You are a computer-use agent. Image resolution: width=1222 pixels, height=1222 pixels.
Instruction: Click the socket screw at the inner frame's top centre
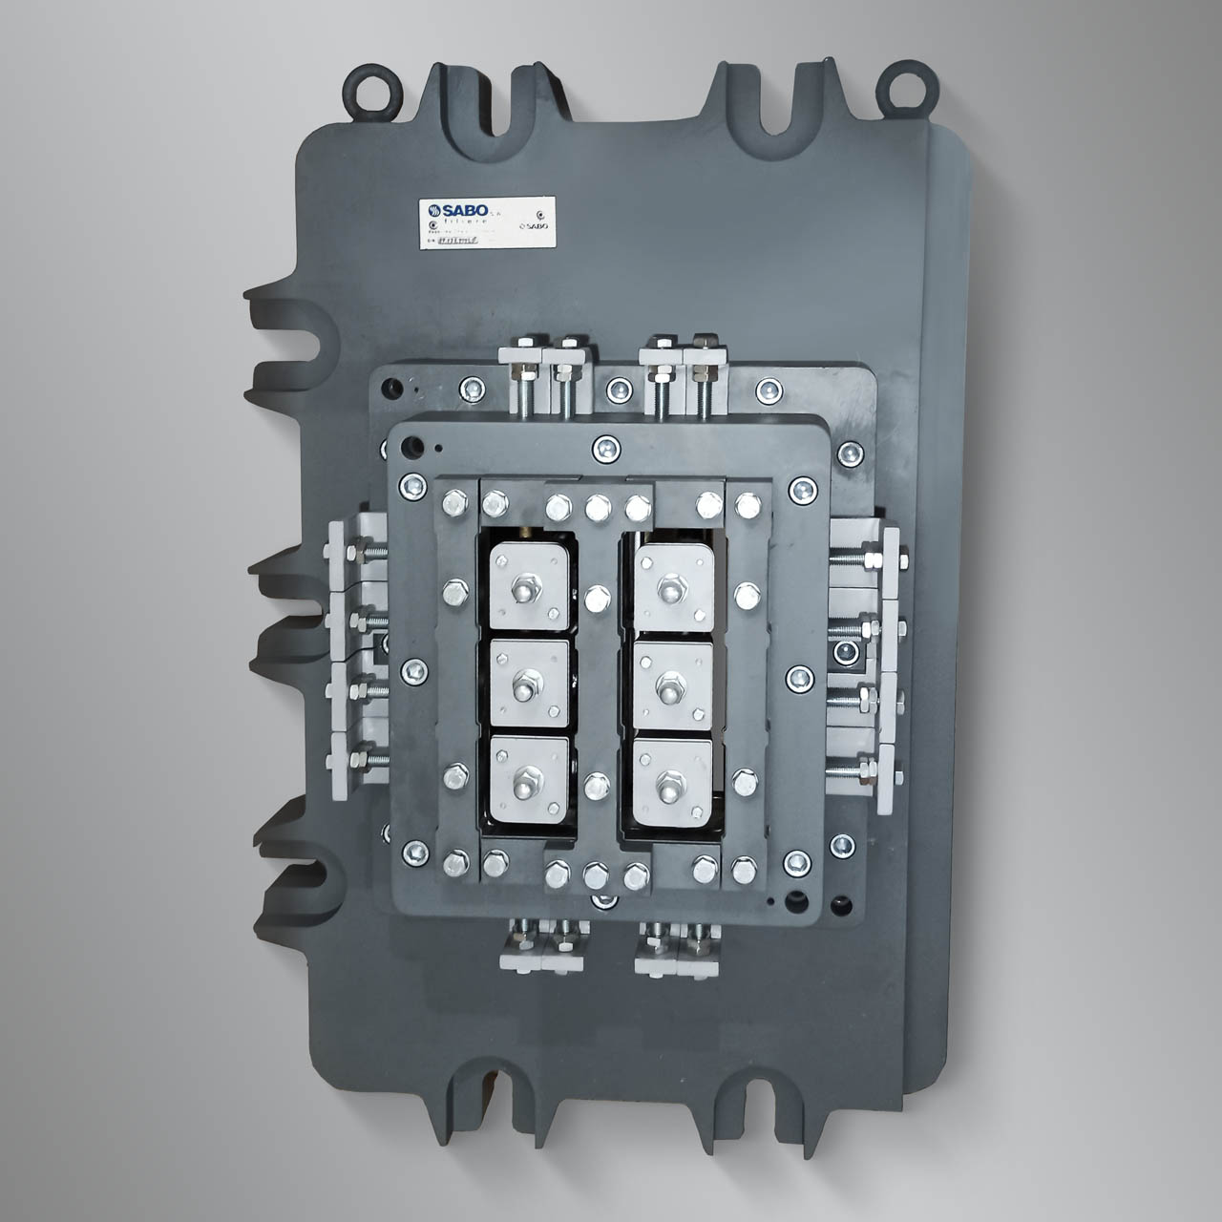(x=604, y=447)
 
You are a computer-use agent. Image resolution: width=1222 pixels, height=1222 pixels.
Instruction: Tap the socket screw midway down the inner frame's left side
(x=411, y=670)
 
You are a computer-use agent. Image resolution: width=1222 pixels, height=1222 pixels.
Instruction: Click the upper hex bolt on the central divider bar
(x=597, y=599)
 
